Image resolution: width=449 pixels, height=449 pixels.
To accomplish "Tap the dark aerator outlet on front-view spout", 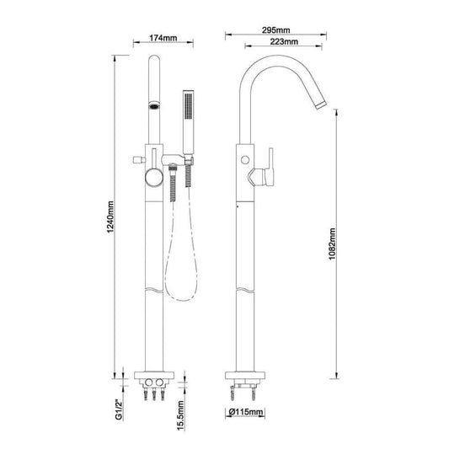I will (153, 107).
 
